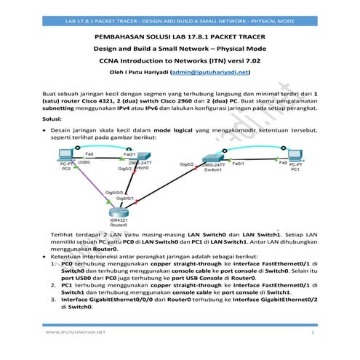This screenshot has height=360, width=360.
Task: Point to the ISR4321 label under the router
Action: point(119,221)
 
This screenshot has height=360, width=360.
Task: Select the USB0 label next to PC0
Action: point(82,163)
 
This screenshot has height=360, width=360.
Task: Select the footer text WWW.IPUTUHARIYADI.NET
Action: point(76,332)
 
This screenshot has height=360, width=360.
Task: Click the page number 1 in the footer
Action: point(311,332)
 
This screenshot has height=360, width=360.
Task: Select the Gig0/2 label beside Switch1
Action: point(186,166)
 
